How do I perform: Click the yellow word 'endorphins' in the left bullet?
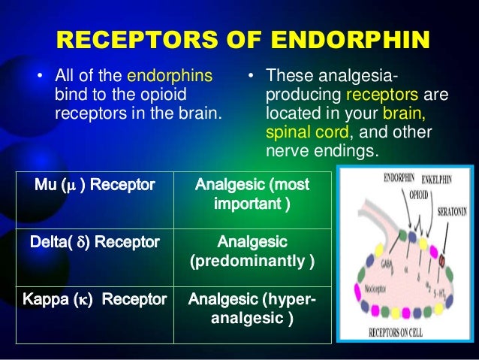click(x=170, y=75)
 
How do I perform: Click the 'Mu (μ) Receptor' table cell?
click(x=95, y=184)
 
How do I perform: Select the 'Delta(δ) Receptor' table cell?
click(x=95, y=242)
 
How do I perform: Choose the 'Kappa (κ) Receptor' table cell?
click(x=95, y=300)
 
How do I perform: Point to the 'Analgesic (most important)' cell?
click(x=252, y=194)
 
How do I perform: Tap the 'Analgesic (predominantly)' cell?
click(x=252, y=252)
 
